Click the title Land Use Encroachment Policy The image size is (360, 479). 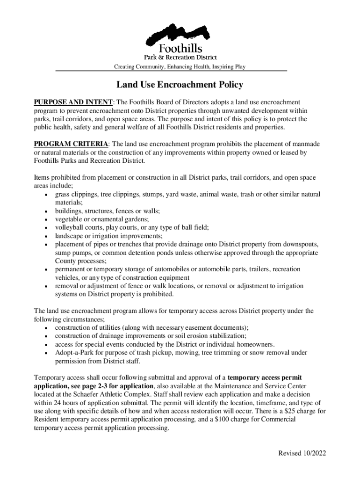click(180, 85)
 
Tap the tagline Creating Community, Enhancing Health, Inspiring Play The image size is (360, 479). click(180, 67)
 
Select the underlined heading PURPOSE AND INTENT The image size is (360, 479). click(72, 102)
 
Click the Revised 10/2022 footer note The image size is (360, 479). click(302, 453)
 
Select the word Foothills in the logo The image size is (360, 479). click(181, 48)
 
